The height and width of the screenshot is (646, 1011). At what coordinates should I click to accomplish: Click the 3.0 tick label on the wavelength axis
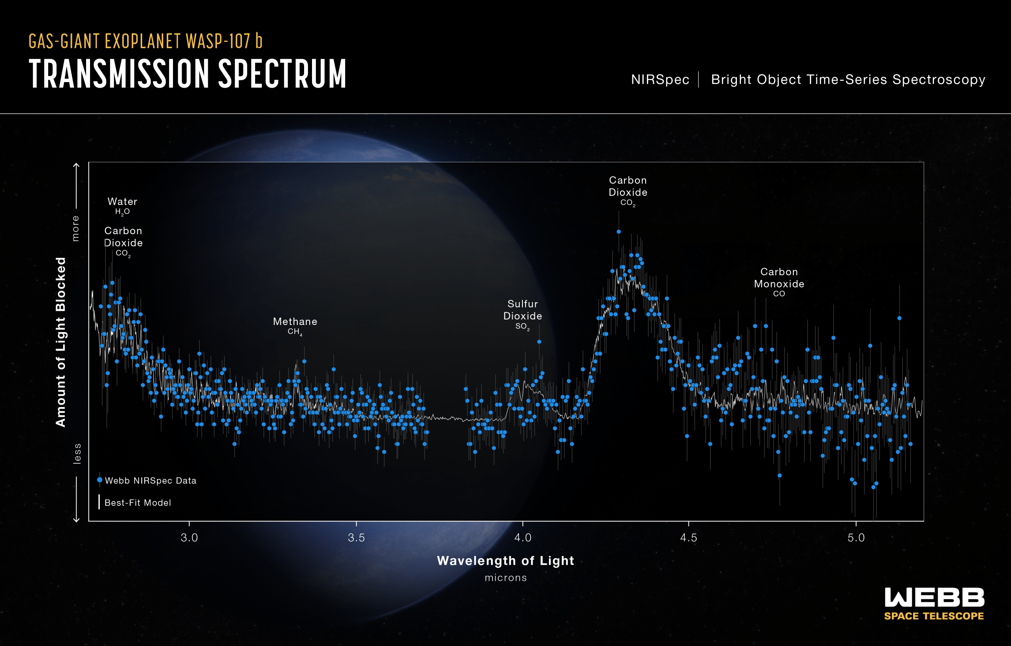pyautogui.click(x=189, y=538)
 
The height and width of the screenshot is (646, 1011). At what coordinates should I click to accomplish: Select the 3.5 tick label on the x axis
pyautogui.click(x=356, y=538)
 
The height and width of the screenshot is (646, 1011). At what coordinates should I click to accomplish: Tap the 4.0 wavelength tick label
pyautogui.click(x=523, y=538)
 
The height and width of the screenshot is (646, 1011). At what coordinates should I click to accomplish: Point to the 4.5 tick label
pyautogui.click(x=689, y=538)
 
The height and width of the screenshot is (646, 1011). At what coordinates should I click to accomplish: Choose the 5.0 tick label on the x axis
pyautogui.click(x=856, y=538)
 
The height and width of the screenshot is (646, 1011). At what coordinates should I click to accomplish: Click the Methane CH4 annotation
pyautogui.click(x=295, y=326)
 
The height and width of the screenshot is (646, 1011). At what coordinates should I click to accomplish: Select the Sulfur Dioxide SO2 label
pyautogui.click(x=522, y=314)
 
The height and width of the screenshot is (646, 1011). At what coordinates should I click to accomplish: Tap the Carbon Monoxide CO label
pyautogui.click(x=779, y=282)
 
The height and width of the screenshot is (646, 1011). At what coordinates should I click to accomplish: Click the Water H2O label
pyautogui.click(x=122, y=205)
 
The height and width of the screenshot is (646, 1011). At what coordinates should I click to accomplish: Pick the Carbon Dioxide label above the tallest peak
pyautogui.click(x=628, y=191)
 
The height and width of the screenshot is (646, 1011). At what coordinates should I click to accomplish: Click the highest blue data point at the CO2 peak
pyautogui.click(x=618, y=232)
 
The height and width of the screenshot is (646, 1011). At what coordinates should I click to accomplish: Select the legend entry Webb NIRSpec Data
pyautogui.click(x=150, y=481)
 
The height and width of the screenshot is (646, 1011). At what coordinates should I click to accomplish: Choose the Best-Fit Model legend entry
pyautogui.click(x=137, y=503)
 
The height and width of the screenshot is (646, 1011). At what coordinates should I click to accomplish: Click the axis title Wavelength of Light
pyautogui.click(x=505, y=561)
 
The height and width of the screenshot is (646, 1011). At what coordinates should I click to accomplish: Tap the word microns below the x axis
pyautogui.click(x=505, y=578)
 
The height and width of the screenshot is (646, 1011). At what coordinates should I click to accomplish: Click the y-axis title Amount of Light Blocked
pyautogui.click(x=61, y=342)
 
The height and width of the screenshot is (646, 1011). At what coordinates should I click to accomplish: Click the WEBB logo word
pyautogui.click(x=934, y=597)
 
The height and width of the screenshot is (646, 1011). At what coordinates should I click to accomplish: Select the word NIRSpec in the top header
pyautogui.click(x=660, y=79)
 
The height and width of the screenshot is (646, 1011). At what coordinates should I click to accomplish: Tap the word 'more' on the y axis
pyautogui.click(x=75, y=228)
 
